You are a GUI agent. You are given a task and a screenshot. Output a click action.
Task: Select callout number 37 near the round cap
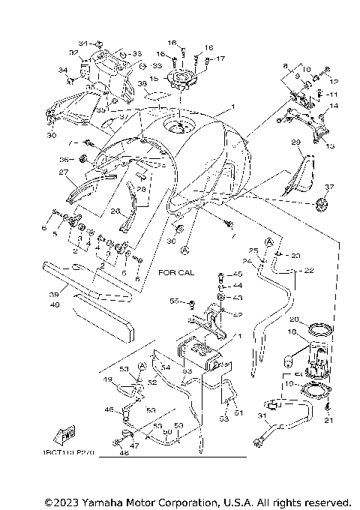(329, 187)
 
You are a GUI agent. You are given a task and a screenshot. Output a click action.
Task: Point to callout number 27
(64, 172)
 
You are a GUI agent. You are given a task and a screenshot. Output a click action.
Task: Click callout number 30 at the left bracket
(51, 136)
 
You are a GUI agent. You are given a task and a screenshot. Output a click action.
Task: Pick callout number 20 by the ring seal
(294, 319)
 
